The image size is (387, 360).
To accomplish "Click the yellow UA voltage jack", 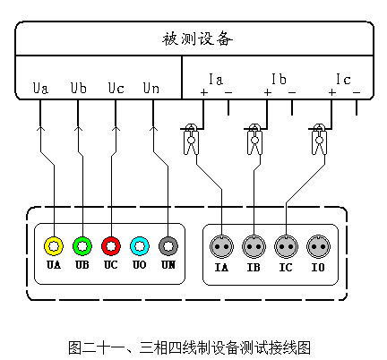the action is coord(54,246).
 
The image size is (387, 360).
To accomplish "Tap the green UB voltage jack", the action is coord(82,246).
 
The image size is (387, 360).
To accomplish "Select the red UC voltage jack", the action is coord(111,246).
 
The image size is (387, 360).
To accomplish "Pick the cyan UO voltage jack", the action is coord(140,246).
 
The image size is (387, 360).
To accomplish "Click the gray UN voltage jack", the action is coord(168,246).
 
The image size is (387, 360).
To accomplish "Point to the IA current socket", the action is coord(221,246).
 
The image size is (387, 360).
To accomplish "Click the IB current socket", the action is coord(254,246).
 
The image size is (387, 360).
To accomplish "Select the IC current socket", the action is coord(286,246).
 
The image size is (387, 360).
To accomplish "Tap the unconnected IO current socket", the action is coord(318,246).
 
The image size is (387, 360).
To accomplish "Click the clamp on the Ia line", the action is coord(191,139).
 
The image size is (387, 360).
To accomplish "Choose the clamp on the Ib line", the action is coord(254,139).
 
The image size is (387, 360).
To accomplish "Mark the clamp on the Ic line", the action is coord(319,139).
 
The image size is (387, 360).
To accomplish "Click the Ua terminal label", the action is coord(40,88).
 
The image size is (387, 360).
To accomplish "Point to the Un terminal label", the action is coord(151,88).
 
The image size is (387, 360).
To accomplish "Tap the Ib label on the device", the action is coord(279,79).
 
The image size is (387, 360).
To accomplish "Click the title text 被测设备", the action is coord(197,39).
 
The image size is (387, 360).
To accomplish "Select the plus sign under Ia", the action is coord(204,92).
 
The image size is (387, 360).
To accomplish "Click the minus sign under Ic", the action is coord(357,92).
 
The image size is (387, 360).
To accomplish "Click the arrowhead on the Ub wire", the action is coord(78,129).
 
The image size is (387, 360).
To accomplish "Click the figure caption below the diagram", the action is coord(190,347).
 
